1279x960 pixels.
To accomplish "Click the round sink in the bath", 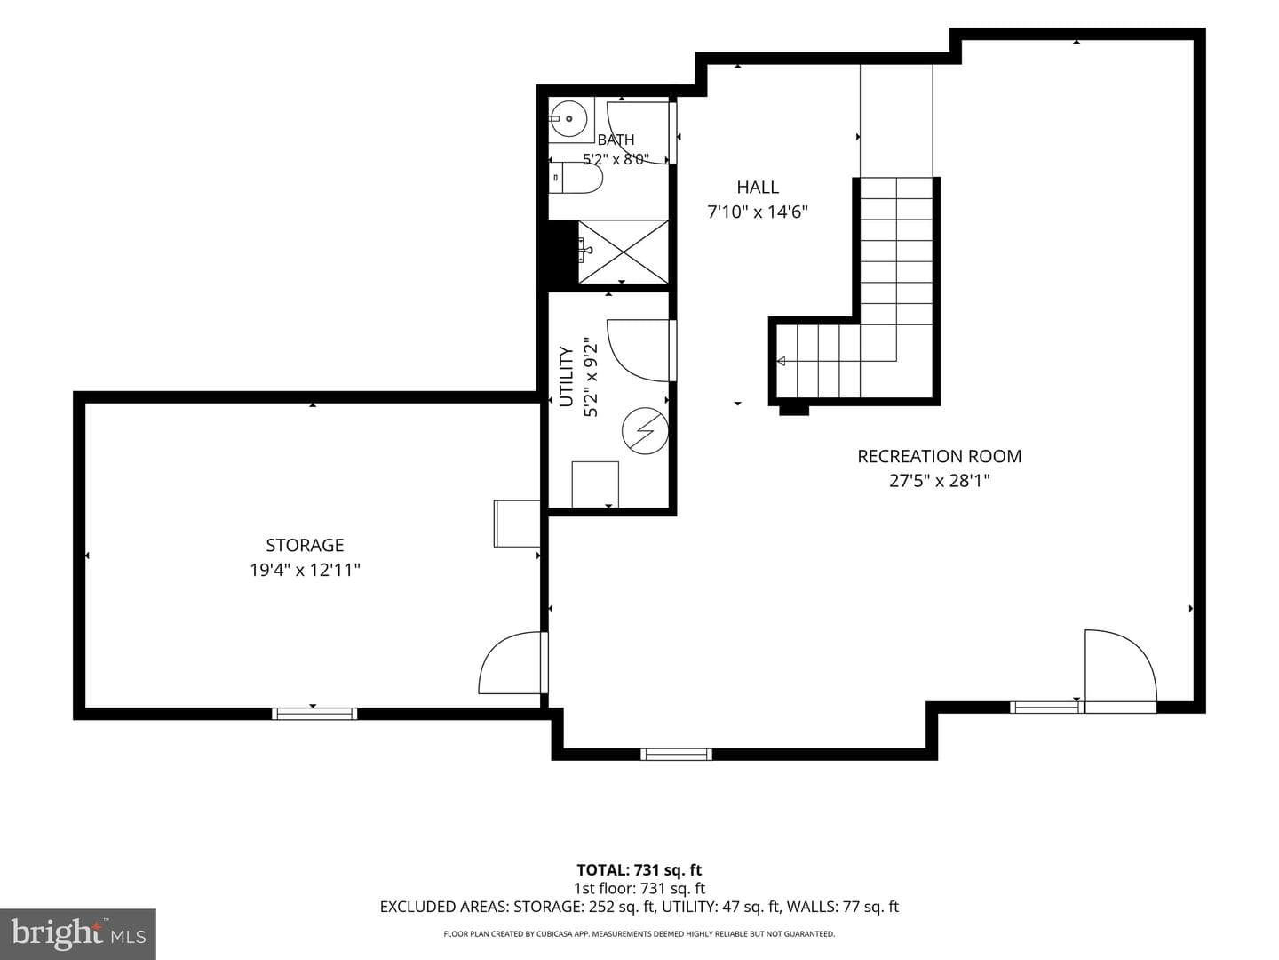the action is click(568, 119).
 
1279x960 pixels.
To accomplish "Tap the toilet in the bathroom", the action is click(575, 178).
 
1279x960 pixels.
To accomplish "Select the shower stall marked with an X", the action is click(623, 252).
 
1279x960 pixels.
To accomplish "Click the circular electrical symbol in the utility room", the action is click(645, 431).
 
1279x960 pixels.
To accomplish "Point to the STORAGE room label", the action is click(305, 545).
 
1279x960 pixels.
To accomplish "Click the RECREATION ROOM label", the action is click(940, 456).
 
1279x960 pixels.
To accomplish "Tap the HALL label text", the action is click(758, 187).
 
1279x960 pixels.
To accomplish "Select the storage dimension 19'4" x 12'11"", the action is click(305, 570).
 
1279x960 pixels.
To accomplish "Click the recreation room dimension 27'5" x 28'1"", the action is click(940, 481).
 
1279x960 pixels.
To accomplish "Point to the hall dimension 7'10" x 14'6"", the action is click(758, 212).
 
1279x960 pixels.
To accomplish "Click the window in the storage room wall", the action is click(314, 714).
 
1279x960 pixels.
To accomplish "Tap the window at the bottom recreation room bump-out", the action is click(677, 755).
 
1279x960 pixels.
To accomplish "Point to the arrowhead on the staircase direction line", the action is click(782, 362).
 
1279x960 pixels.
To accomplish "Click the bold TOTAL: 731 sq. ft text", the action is click(639, 870).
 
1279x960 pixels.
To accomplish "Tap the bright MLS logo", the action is click(78, 933).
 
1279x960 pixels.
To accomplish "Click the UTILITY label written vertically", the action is click(567, 377).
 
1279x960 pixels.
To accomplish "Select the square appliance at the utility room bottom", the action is click(595, 484).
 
